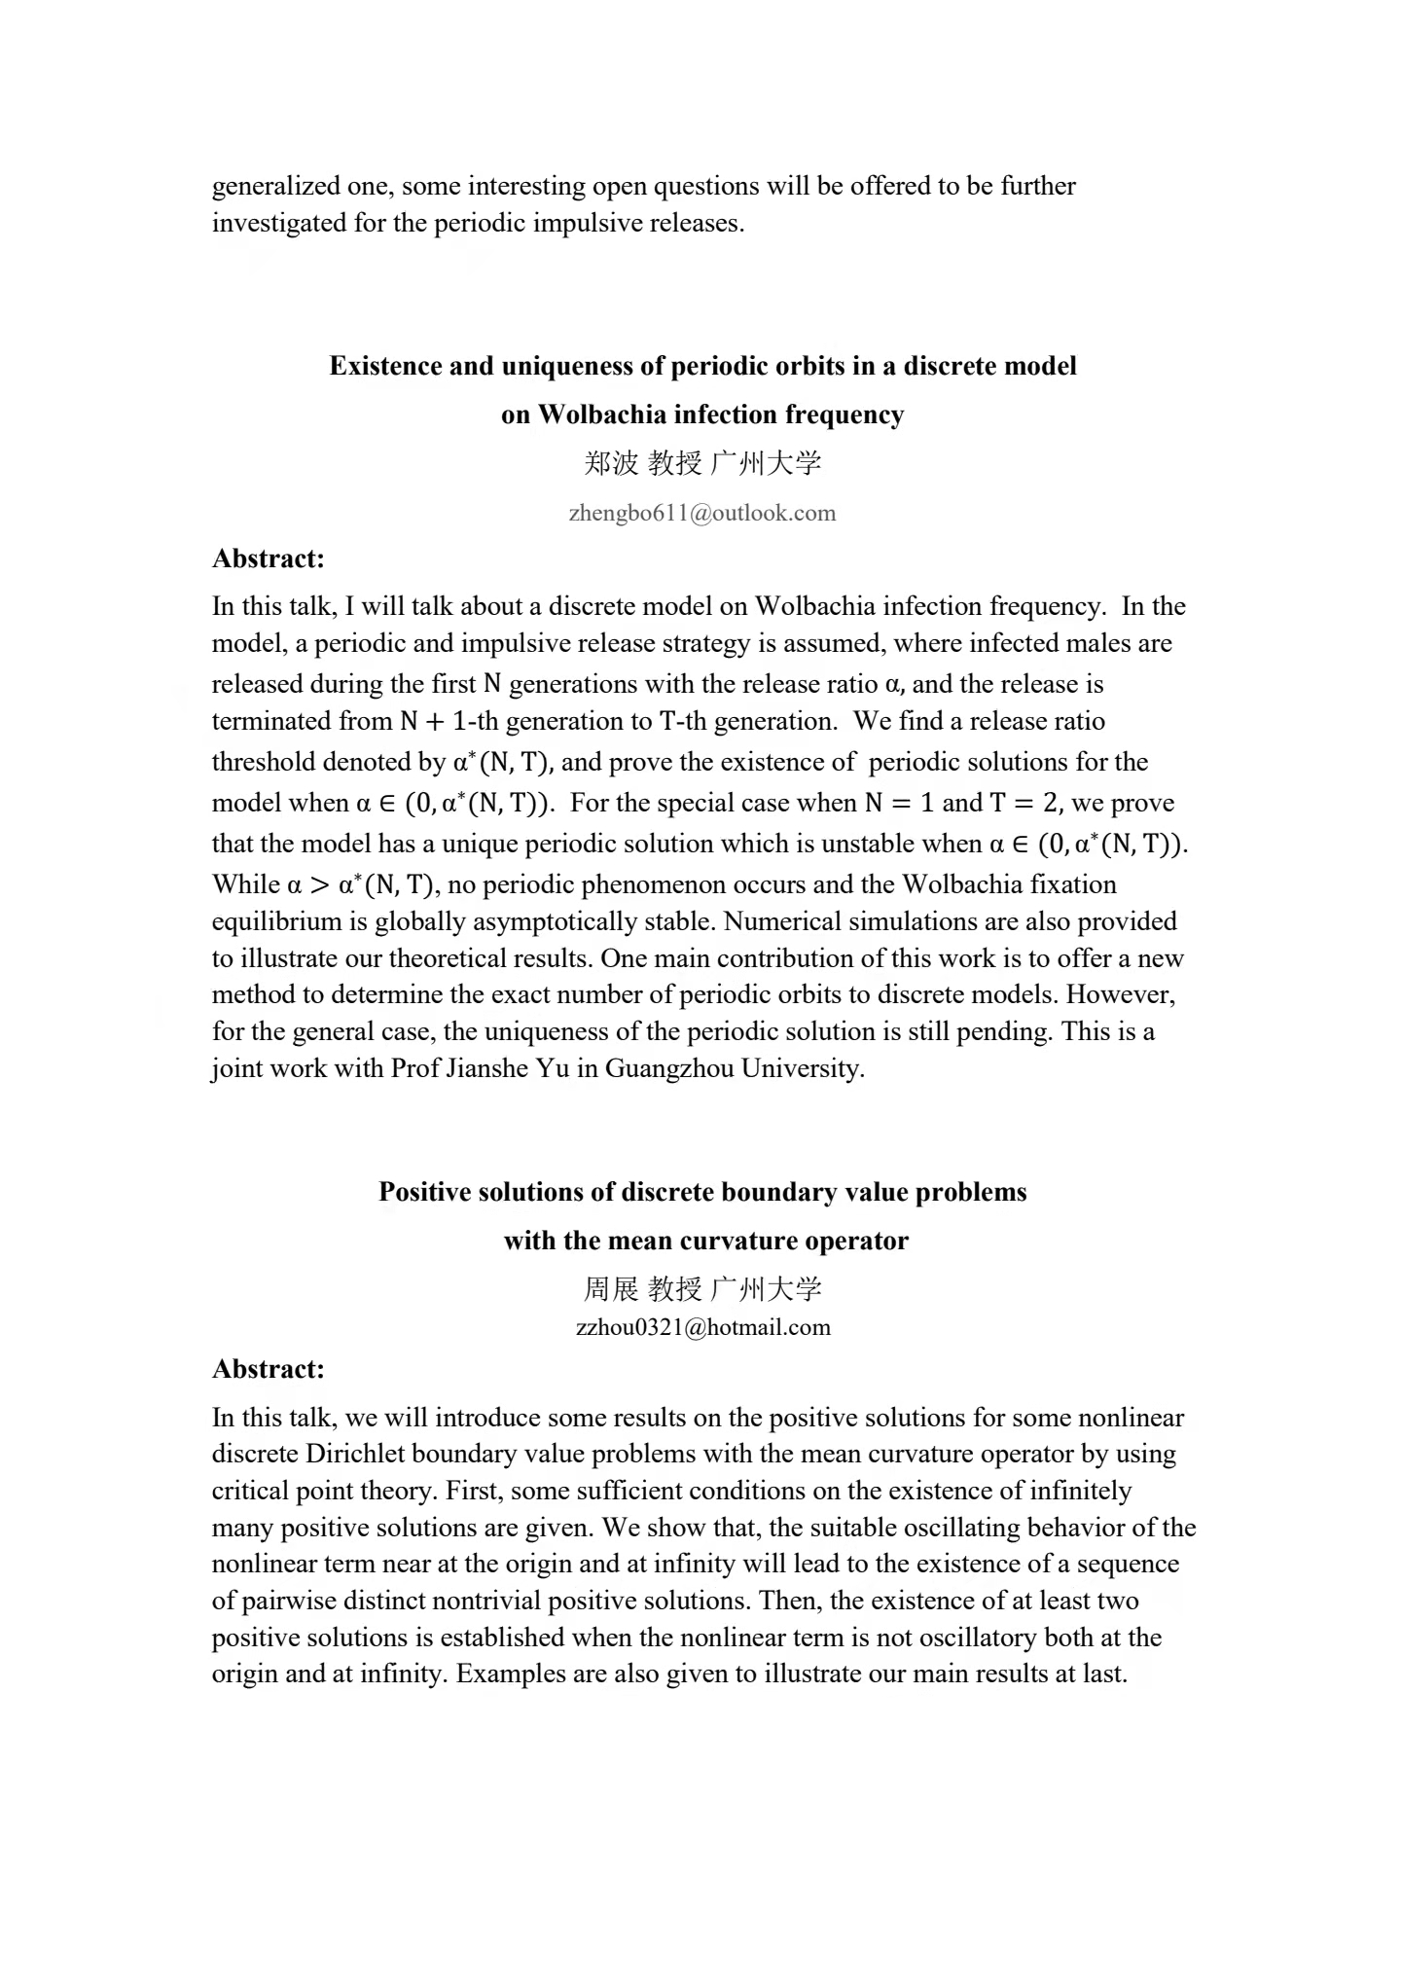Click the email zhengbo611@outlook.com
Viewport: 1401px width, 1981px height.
[701, 514]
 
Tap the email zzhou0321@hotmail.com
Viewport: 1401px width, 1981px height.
[702, 1327]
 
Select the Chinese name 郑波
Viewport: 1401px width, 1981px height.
[611, 463]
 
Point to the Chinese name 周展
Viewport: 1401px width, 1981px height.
[610, 1289]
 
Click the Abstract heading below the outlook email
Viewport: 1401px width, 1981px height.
[268, 558]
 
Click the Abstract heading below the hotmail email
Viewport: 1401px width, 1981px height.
[268, 1369]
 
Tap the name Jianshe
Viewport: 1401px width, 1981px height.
[487, 1068]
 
